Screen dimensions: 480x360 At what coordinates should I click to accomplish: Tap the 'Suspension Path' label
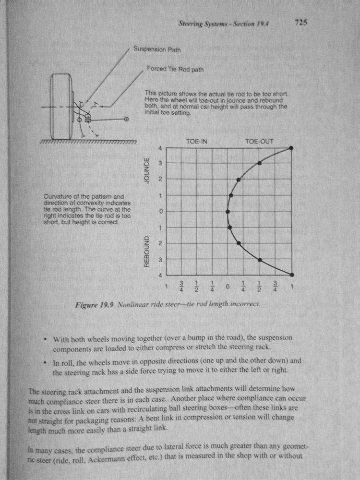click(157, 49)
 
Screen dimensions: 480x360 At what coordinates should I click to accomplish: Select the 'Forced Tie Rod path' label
click(175, 69)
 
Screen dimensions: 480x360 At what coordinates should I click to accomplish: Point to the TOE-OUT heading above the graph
click(259, 142)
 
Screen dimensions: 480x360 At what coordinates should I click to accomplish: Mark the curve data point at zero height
click(228, 211)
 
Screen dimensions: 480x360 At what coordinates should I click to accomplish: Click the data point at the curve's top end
click(291, 148)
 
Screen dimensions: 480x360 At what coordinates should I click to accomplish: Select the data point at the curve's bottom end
click(291, 275)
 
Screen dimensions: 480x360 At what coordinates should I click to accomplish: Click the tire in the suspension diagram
click(60, 106)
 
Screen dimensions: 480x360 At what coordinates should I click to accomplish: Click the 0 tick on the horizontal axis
click(228, 287)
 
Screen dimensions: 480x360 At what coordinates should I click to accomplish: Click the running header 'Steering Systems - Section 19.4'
click(222, 23)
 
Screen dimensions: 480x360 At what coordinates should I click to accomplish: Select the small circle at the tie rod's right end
click(127, 118)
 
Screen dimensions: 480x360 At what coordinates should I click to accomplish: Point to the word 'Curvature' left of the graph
click(58, 196)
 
